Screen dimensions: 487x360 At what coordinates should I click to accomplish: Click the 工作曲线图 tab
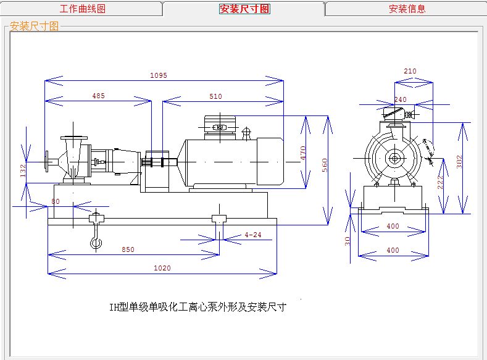83,9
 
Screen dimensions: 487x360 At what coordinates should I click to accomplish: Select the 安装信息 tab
407,9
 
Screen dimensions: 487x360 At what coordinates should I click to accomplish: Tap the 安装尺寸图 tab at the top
245,9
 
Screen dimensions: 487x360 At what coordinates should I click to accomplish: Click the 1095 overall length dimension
159,75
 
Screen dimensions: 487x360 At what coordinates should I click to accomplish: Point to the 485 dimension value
99,96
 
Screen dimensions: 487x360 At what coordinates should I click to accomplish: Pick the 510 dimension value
215,96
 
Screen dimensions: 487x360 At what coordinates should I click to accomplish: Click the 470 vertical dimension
303,153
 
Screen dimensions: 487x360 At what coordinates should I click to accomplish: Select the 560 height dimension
325,165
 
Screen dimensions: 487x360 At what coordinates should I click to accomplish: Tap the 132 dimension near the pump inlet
23,171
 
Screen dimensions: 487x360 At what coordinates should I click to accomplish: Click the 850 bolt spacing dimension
128,249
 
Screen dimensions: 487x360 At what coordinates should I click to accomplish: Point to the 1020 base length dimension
162,268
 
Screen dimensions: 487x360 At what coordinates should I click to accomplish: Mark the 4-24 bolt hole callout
253,235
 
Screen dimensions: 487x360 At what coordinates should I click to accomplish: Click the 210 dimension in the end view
410,71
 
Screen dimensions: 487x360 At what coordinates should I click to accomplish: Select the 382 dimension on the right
459,162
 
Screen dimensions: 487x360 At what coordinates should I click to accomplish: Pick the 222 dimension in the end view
440,182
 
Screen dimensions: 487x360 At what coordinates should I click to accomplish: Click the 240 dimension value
401,99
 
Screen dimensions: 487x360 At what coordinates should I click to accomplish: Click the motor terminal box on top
220,127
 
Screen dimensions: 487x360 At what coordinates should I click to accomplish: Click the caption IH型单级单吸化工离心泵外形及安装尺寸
198,307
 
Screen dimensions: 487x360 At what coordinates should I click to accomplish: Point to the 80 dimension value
56,201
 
